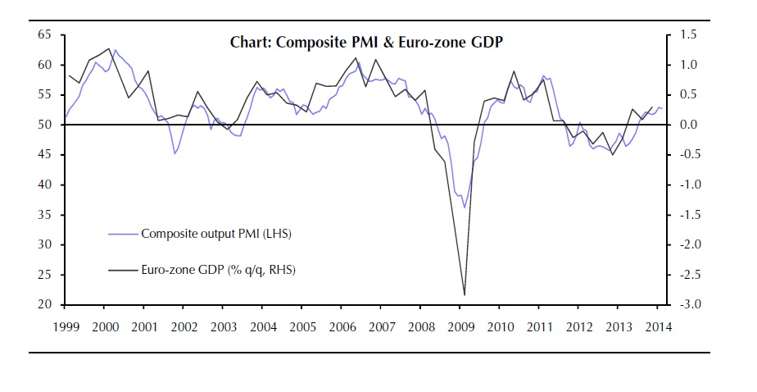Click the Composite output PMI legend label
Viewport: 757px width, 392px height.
[x=216, y=234]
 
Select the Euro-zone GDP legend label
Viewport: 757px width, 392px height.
[x=217, y=269]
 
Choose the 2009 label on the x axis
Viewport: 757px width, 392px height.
[x=460, y=327]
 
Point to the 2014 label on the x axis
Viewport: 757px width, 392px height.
[x=659, y=327]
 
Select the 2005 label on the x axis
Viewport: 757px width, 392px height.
[x=302, y=327]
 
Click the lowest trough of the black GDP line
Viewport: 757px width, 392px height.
[x=465, y=294]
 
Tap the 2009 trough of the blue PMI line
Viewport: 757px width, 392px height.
[x=465, y=207]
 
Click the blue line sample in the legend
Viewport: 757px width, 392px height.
[x=123, y=234]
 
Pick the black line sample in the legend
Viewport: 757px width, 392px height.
[x=123, y=269]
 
